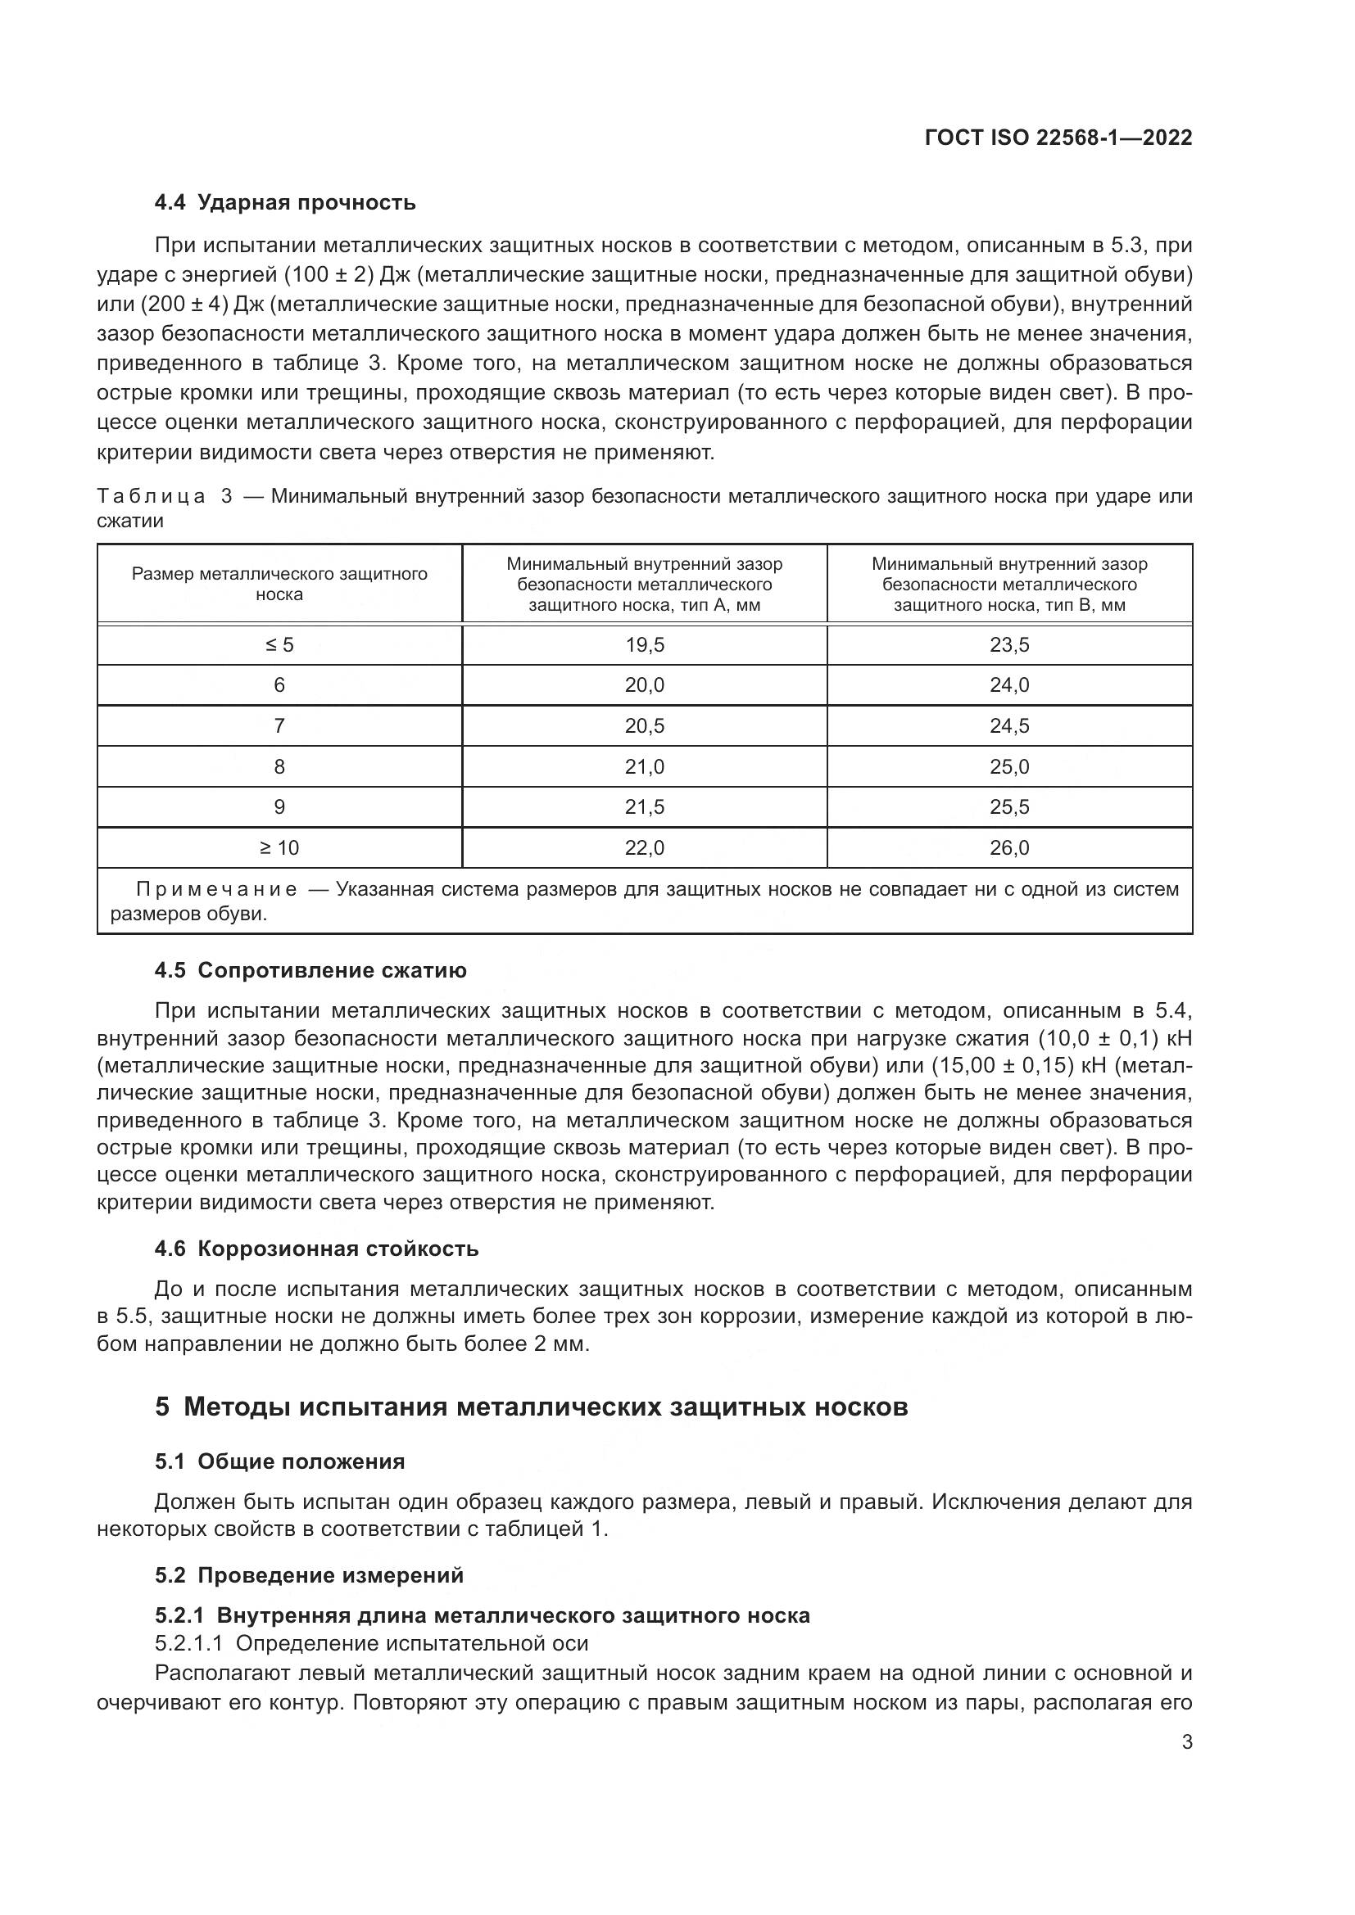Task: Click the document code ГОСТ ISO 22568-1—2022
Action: tap(1058, 138)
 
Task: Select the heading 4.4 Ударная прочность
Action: tap(284, 203)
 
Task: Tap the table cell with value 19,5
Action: tap(644, 644)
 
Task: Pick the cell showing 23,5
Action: tap(1009, 644)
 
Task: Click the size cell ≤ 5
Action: tap(279, 644)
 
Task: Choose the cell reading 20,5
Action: tap(644, 725)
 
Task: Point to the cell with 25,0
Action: tap(1009, 766)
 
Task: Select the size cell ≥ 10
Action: tap(279, 848)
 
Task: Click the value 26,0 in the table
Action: tap(1009, 848)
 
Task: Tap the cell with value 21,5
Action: tap(644, 807)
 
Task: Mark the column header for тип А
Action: tap(644, 584)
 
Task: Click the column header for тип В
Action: tap(1009, 584)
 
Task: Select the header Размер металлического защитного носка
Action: tap(279, 584)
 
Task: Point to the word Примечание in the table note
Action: tap(216, 889)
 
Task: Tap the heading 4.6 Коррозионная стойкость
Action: tap(316, 1249)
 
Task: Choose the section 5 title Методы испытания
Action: tap(532, 1407)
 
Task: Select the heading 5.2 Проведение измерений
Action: tap(309, 1575)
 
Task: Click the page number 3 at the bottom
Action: tap(1186, 1742)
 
